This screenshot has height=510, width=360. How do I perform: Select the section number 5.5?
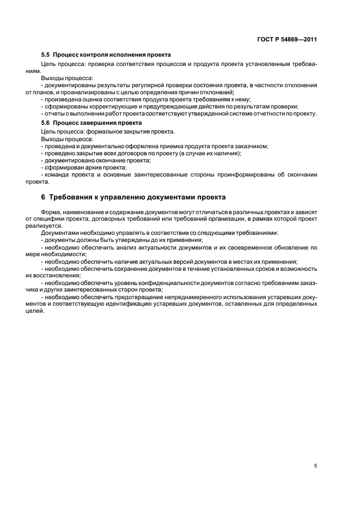(45, 55)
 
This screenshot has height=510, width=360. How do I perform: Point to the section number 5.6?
(45, 124)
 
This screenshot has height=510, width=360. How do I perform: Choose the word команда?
(57, 175)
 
